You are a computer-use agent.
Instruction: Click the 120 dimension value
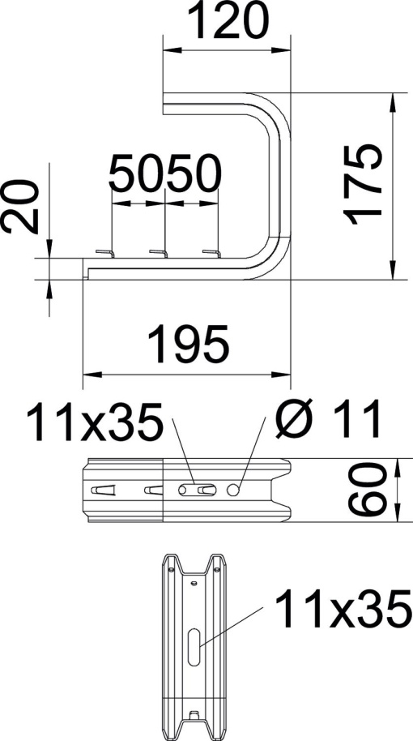coord(228,23)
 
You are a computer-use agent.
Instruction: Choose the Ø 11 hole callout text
coord(329,420)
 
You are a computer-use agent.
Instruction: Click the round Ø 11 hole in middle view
coord(235,490)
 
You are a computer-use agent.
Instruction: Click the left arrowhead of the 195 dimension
coord(90,375)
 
